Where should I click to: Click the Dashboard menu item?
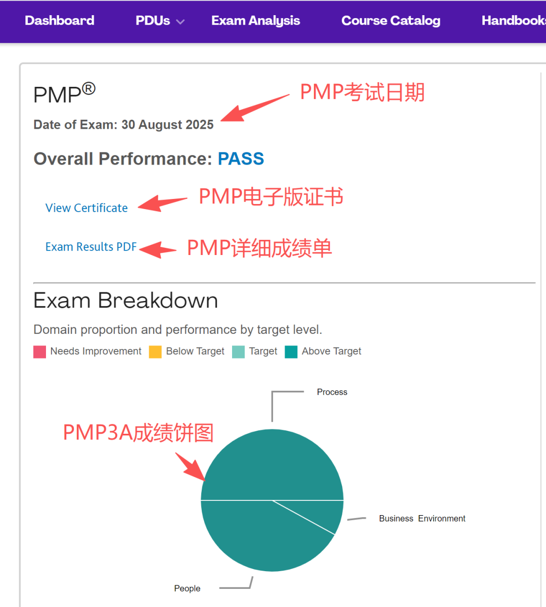tap(60, 21)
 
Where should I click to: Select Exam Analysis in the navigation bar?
tap(255, 21)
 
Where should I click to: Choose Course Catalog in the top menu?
tap(391, 21)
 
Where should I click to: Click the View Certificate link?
tap(86, 208)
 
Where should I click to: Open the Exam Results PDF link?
tap(91, 247)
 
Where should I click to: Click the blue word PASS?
tap(241, 159)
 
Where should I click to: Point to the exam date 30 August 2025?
tap(167, 125)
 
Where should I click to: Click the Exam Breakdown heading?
tap(125, 300)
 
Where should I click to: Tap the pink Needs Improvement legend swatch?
tap(39, 351)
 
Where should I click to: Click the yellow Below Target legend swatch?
tap(155, 351)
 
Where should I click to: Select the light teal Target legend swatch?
tap(238, 351)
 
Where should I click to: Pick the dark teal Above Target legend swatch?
tap(291, 351)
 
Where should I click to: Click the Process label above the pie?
tap(332, 392)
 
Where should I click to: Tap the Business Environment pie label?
tap(422, 519)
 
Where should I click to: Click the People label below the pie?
tap(187, 588)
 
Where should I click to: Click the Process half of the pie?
tap(272, 465)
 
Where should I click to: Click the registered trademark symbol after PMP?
tap(88, 89)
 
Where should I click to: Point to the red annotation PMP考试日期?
tap(362, 92)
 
